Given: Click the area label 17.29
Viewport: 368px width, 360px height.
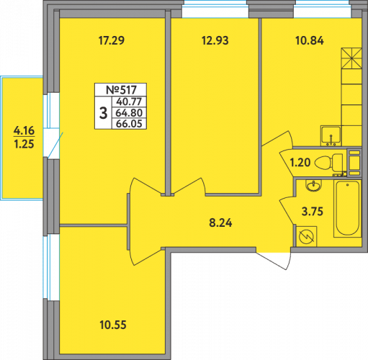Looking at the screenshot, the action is click(x=112, y=40).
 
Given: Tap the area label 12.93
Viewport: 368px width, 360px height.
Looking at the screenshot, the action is click(x=215, y=40).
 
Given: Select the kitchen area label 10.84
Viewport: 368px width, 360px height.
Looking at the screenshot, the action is click(x=310, y=40).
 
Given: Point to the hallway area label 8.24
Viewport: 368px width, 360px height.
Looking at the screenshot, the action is click(x=220, y=222).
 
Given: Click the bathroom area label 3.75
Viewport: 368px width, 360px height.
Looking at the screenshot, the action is click(x=313, y=212).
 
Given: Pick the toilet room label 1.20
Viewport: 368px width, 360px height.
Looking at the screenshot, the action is click(x=300, y=163).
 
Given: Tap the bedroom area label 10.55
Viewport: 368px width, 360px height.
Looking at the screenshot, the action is click(x=113, y=325).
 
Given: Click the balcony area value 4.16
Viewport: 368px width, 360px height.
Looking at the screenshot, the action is click(x=24, y=130).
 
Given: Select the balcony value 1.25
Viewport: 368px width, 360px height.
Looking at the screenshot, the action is click(x=24, y=144).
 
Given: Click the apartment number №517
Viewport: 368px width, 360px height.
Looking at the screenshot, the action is click(x=121, y=90).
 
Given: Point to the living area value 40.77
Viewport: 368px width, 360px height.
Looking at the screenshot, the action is click(x=129, y=102).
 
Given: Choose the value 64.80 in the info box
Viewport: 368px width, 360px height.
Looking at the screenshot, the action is click(x=129, y=113).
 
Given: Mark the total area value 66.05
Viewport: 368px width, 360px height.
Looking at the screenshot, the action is click(x=129, y=124).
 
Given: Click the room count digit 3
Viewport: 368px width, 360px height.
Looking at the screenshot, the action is click(x=103, y=113).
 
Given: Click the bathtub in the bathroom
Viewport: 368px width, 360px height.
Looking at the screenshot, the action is click(x=348, y=209).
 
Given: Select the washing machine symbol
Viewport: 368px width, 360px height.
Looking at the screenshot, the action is click(x=306, y=236).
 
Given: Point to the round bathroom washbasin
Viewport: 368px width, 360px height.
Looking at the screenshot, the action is click(x=313, y=186).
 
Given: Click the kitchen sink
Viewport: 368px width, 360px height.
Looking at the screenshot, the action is click(x=331, y=135).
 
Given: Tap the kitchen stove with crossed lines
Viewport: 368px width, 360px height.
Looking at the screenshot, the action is click(x=351, y=58).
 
